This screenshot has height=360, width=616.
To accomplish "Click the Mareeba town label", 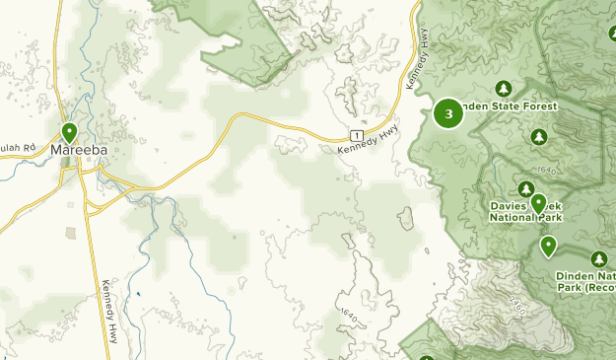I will point(78,150).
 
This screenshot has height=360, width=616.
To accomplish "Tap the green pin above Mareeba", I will point(69,131).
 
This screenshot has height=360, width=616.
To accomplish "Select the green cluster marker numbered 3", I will point(449,113).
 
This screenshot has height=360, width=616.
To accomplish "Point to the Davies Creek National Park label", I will point(525,212).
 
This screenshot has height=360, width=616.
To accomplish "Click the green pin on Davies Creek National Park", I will point(538,203).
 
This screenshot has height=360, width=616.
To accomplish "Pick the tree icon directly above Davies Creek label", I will point(526,189).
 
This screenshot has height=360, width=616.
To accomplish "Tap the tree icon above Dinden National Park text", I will point(598,259).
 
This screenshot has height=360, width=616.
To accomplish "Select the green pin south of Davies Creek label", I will point(548,245).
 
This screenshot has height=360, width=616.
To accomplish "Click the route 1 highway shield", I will point(356,134).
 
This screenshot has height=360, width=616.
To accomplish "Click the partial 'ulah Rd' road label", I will point(17,149).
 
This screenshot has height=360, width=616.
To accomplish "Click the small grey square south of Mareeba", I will point(71,234).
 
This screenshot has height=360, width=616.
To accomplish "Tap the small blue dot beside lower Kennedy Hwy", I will point(139,292).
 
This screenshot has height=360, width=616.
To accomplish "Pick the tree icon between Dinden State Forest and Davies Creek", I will point(538,135).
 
